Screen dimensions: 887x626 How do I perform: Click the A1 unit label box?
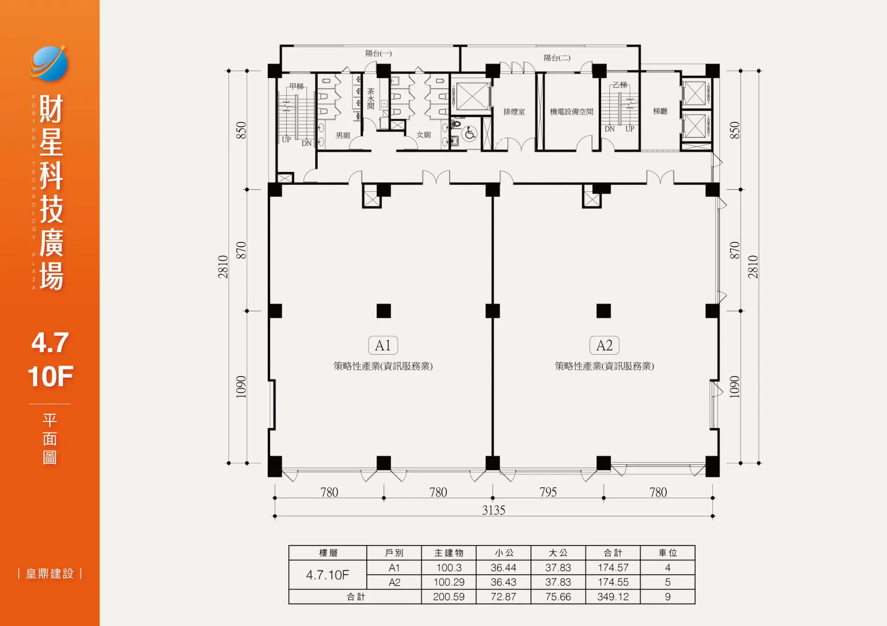pos(383,345)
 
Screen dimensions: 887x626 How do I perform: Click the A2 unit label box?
pos(604,345)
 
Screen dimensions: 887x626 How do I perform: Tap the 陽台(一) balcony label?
pos(378,54)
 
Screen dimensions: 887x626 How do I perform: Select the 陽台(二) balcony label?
pos(557,58)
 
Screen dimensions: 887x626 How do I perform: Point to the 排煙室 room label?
pos(514,112)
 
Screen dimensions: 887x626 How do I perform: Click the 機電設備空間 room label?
pos(571,112)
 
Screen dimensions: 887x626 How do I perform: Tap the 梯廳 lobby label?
pos(660,111)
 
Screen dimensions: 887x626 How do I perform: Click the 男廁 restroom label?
pos(343,135)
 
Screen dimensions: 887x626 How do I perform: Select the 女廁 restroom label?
pos(424,135)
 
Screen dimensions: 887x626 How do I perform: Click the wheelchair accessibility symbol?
pos(470,134)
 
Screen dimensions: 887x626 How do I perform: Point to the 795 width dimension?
pos(548,492)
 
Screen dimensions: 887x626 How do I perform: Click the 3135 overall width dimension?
pos(494,510)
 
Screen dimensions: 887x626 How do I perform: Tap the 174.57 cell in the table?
pos(613,568)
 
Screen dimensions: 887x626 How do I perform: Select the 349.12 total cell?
pos(613,597)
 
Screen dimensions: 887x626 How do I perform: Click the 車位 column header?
pos(668,553)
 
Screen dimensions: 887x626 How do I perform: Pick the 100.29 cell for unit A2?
pos(449,582)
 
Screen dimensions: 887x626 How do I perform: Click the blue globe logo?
pos(49,63)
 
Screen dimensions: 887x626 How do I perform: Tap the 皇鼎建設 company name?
pos(50,574)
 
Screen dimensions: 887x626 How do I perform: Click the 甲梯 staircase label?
pos(297,86)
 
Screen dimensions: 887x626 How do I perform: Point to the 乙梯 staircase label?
pos(620,85)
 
